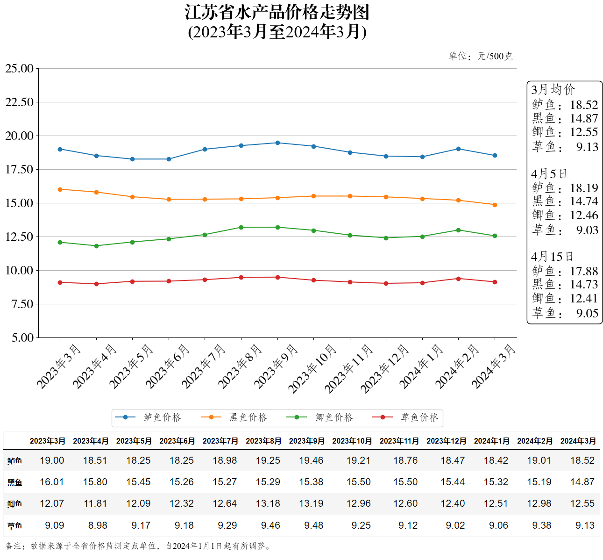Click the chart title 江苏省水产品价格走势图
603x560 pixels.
277,13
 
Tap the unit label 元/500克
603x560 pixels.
495,57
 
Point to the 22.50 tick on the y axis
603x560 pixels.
20,102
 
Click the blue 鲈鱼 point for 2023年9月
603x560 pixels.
277,143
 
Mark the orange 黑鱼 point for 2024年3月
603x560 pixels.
495,205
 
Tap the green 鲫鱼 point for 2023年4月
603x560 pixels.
96,246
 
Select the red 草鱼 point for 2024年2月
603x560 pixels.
458,279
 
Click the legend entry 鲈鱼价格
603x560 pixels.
162,417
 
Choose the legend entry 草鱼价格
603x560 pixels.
419,417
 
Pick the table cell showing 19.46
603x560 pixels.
311,460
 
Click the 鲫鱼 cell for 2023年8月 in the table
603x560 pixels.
268,503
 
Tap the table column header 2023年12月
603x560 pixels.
446,441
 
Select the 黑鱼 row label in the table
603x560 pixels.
15,482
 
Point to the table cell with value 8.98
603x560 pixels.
98,525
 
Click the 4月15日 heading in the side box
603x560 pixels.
552,257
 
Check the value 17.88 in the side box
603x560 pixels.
584,272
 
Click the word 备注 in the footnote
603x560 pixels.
13,546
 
